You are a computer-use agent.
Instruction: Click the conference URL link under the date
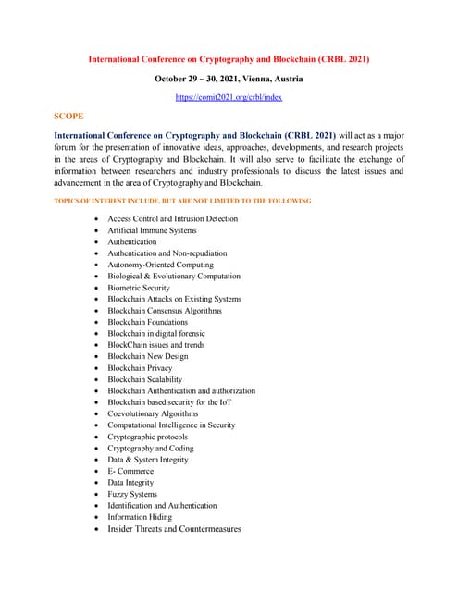pos(229,97)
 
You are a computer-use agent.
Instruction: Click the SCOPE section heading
pos(68,117)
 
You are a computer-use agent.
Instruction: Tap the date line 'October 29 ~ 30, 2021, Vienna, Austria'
pos(229,79)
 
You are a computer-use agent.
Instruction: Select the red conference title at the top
pos(229,59)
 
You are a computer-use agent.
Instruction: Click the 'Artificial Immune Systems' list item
pos(152,230)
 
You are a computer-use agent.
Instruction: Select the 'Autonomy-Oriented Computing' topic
pos(160,265)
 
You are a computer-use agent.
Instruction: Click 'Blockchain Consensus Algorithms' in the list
pos(171,311)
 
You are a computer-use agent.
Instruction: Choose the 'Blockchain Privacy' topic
pos(140,368)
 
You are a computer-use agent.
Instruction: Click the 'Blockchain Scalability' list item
pos(145,379)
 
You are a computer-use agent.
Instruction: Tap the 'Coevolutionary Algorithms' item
pos(153,413)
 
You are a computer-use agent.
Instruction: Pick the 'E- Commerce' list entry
pos(130,471)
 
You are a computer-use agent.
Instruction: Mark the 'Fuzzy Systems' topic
pos(132,494)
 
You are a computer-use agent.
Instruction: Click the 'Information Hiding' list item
pos(140,517)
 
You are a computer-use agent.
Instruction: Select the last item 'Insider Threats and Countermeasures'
pos(174,529)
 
